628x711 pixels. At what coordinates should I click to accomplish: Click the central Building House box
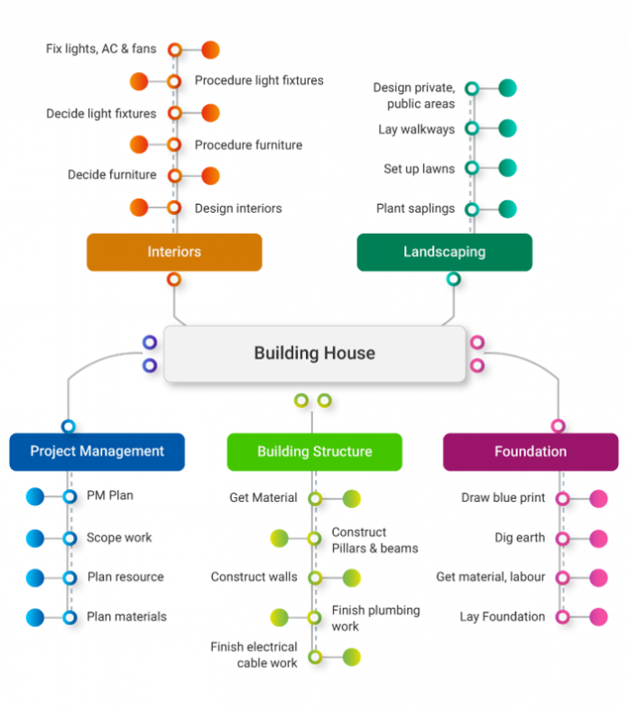pos(314,354)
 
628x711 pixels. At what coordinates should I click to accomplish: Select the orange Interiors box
pos(174,253)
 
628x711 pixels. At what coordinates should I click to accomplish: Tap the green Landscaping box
pos(444,253)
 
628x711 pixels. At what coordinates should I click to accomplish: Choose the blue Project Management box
pos(97,451)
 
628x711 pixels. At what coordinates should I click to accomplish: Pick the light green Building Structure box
pos(314,451)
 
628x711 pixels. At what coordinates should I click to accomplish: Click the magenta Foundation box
pos(531,451)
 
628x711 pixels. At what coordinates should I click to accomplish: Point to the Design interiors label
pos(238,208)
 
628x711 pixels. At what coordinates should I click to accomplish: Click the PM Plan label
pos(110,495)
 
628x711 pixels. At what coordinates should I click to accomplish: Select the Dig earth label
pos(519,538)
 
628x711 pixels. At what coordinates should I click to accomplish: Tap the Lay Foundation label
pos(502,616)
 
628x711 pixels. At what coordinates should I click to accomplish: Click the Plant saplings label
pos(415,208)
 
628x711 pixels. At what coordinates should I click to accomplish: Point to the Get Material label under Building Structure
pos(263,498)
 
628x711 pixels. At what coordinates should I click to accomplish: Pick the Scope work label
pos(119,538)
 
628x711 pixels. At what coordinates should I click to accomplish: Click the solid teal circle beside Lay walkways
pos(508,128)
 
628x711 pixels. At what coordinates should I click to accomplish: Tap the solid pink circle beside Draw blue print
pos(598,498)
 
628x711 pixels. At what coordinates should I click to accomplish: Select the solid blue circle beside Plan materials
pos(35,617)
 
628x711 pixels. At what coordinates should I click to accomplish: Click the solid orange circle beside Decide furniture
pos(210,175)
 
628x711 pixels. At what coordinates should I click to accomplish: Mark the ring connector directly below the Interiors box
pos(174,280)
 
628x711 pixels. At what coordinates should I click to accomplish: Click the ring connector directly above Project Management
pos(69,426)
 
